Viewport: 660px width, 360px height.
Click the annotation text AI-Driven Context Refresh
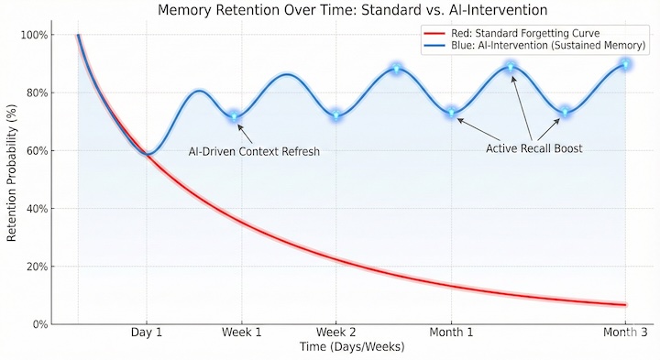click(x=254, y=151)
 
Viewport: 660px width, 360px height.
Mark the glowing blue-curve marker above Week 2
click(x=336, y=115)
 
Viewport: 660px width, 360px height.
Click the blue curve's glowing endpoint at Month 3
click(x=625, y=64)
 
